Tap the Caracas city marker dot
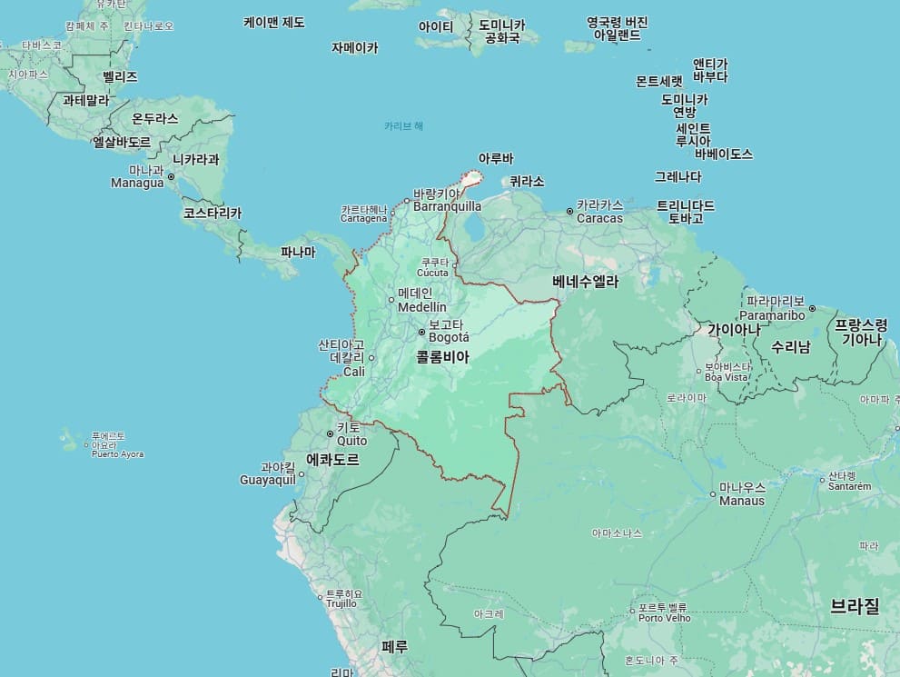pos(570,211)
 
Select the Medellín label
pos(422,307)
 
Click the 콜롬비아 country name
pos(442,358)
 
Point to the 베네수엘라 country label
pos(585,282)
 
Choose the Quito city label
pos(351,441)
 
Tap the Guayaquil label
pos(268,480)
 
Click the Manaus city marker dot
pos(713,494)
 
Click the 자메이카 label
pos(354,47)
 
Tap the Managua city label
pos(137,183)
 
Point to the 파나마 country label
pos(298,253)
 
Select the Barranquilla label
pos(447,206)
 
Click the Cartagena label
pos(364,218)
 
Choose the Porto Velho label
pos(665,618)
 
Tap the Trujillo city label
pos(341,602)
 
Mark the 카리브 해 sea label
pos(403,125)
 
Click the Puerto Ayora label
pos(117,453)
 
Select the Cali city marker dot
pos(371,358)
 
